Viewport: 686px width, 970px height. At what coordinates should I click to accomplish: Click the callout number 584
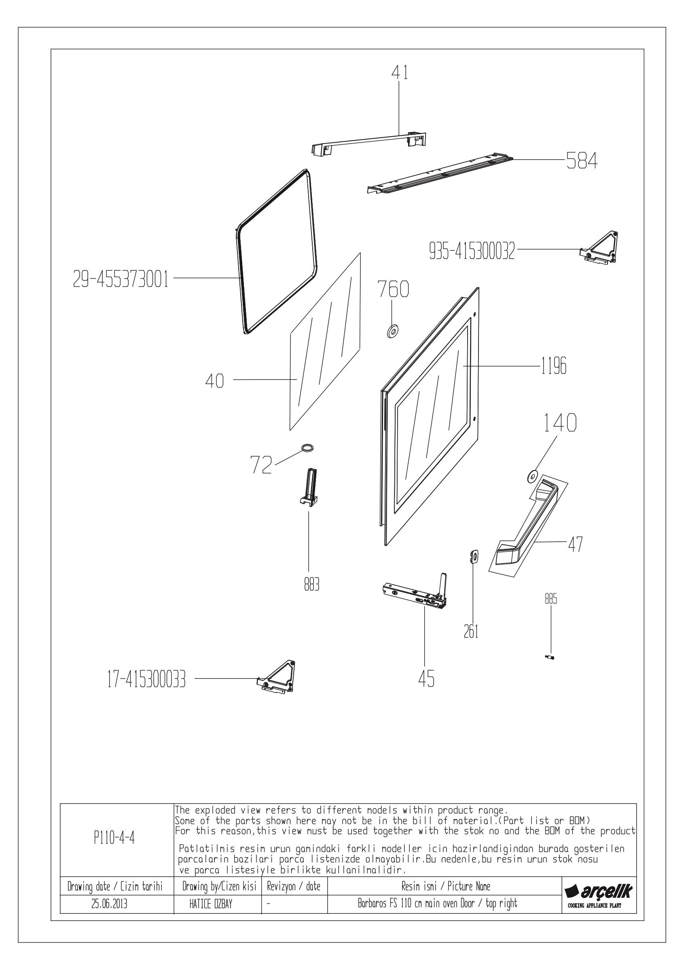[x=582, y=160]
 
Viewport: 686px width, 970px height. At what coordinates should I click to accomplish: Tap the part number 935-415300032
[x=472, y=252]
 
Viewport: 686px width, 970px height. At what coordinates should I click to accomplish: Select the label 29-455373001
[x=121, y=280]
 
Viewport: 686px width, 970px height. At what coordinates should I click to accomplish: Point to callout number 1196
[x=553, y=366]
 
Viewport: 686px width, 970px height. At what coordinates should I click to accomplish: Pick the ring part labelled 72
[x=307, y=448]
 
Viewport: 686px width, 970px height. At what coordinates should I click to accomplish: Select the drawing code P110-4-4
[x=114, y=838]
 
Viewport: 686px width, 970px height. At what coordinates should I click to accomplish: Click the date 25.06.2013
[x=109, y=904]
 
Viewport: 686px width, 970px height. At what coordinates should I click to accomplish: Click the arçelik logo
[x=599, y=892]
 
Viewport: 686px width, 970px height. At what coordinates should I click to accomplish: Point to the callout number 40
[x=214, y=381]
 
